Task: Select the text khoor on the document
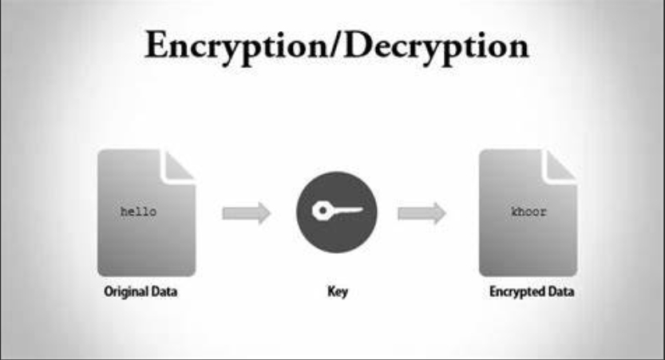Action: click(x=528, y=212)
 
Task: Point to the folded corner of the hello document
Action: click(x=178, y=164)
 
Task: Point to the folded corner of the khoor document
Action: click(x=560, y=164)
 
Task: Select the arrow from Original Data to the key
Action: click(x=246, y=213)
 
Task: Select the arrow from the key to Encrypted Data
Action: click(x=422, y=213)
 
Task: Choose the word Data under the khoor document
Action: click(x=561, y=292)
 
